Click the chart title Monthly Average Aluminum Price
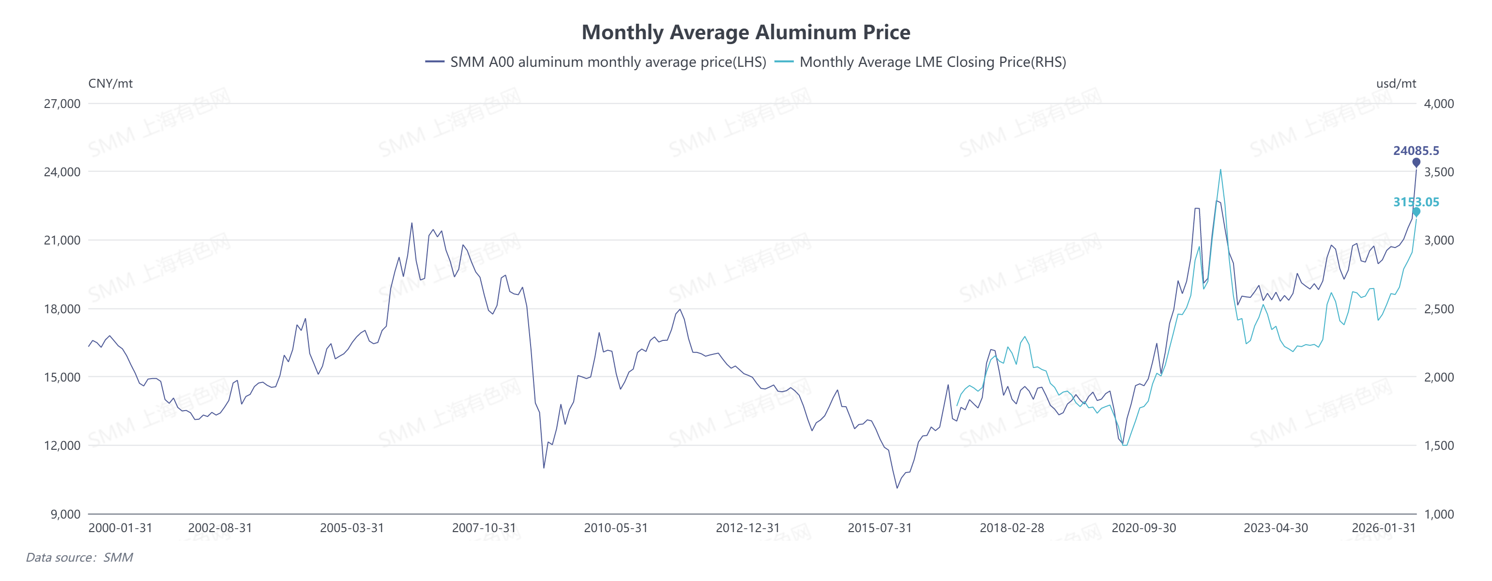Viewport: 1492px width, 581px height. [746, 32]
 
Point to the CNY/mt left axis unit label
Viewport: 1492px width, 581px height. [110, 83]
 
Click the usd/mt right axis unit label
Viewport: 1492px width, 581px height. [1396, 83]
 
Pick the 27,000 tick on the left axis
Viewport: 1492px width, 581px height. [62, 104]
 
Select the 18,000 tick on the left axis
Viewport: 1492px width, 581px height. [62, 309]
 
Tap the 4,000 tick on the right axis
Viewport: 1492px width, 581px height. [1439, 104]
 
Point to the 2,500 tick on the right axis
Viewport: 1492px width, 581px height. [1439, 309]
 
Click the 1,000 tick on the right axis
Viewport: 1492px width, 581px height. [1439, 514]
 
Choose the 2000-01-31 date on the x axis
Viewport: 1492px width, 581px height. [120, 528]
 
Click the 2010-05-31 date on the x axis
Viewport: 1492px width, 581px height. [615, 528]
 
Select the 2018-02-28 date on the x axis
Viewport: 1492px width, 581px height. [1011, 528]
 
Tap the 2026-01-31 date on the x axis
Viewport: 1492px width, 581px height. [1383, 528]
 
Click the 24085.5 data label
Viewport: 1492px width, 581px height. [1416, 151]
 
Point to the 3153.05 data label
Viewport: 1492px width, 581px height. [1416, 202]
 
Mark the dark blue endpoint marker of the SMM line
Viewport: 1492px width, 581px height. [1416, 162]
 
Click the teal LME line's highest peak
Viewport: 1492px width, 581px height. [1220, 170]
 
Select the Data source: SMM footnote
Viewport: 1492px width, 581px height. [79, 557]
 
